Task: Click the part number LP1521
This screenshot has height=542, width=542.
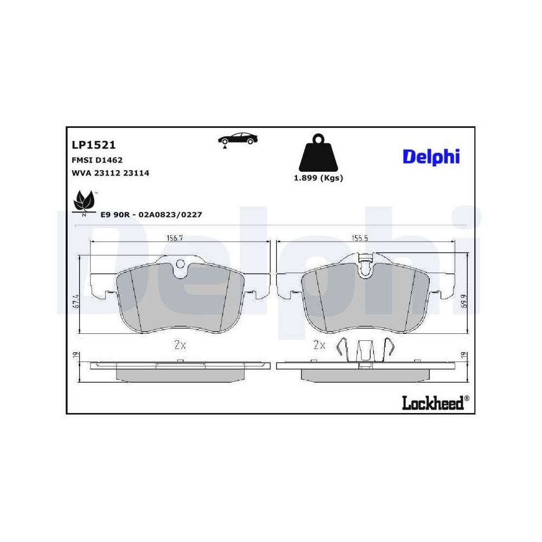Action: (94, 145)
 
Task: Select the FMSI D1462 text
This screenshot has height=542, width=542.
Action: (97, 160)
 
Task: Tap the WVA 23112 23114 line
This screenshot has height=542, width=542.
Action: (110, 173)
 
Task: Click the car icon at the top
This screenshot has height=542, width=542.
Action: (238, 139)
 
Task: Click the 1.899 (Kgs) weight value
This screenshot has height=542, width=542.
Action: (318, 178)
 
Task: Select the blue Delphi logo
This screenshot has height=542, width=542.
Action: (431, 156)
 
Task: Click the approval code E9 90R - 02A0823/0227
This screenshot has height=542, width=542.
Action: (151, 215)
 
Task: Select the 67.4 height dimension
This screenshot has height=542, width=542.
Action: (76, 301)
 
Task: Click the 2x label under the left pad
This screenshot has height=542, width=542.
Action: (180, 344)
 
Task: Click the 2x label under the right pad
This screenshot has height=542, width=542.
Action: (320, 344)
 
